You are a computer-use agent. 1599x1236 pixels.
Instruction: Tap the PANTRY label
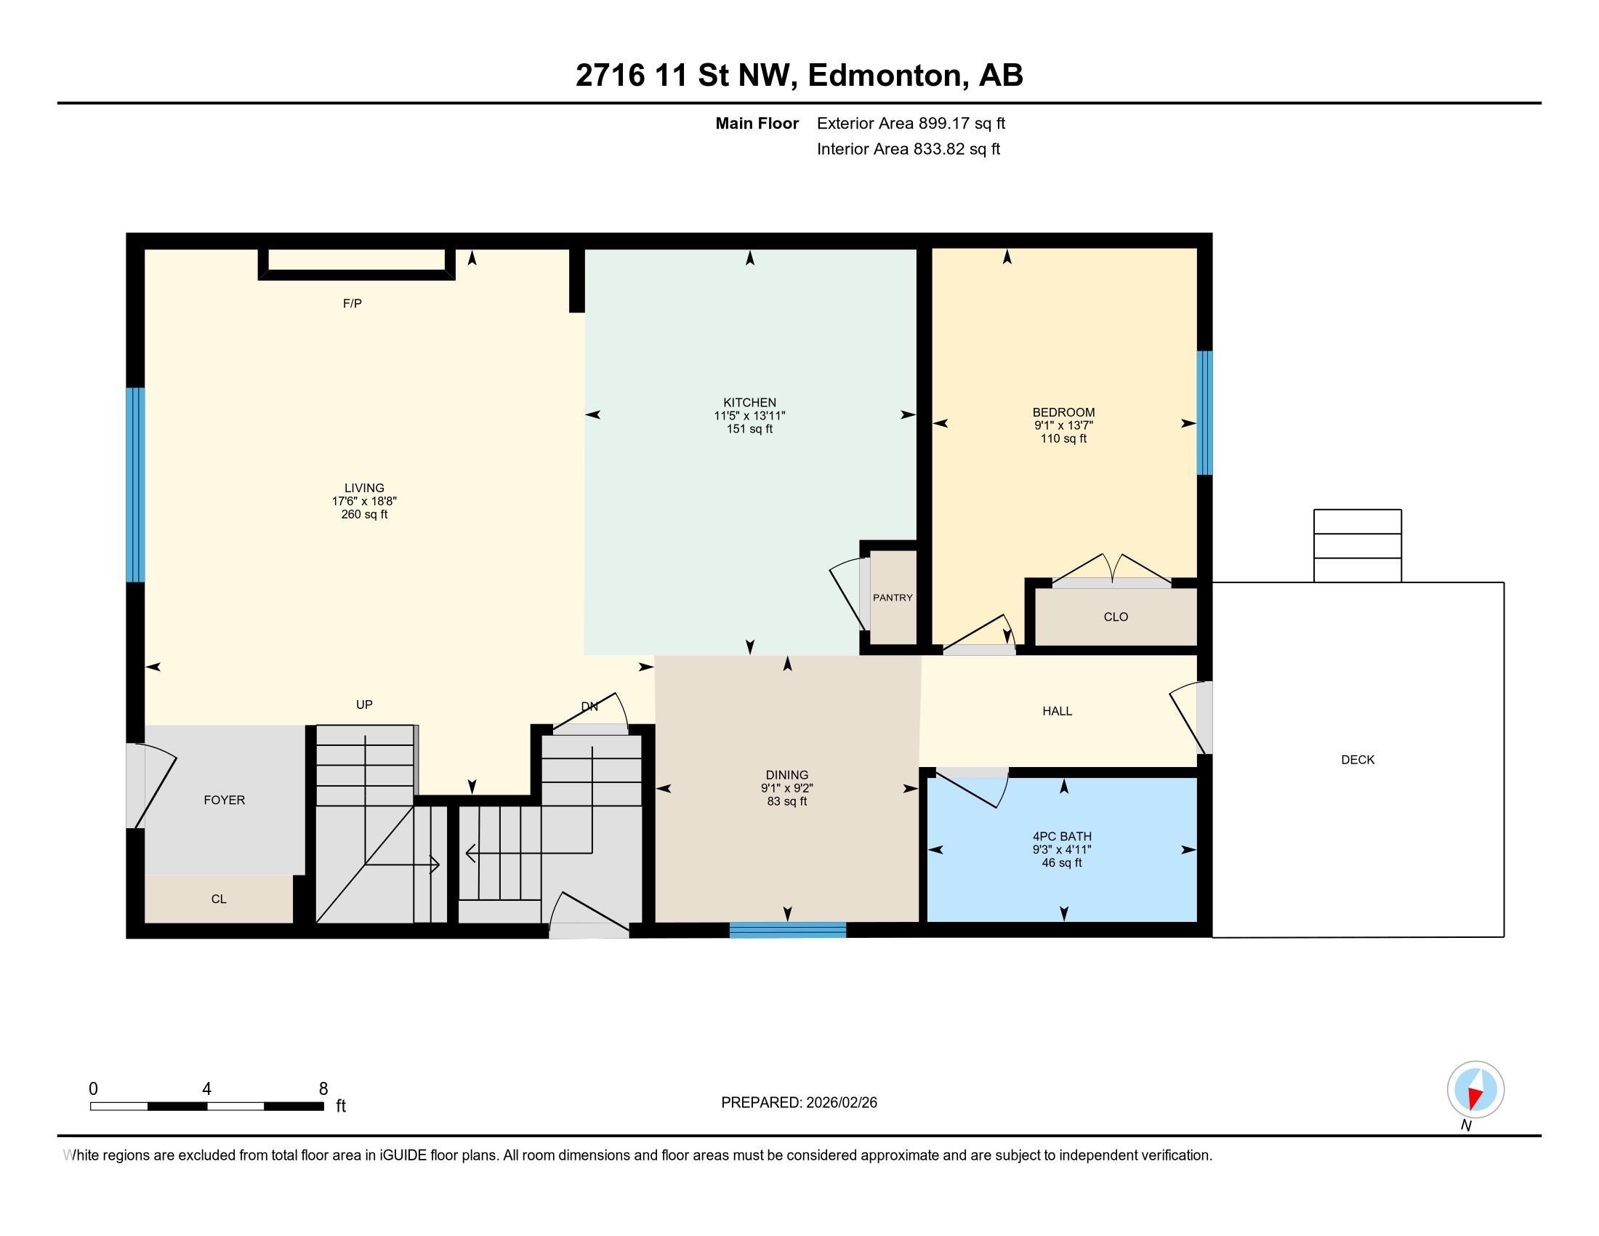pyautogui.click(x=893, y=598)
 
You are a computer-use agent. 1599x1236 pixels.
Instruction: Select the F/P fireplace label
pyautogui.click(x=353, y=303)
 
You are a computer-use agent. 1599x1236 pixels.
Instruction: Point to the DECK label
pyautogui.click(x=1358, y=760)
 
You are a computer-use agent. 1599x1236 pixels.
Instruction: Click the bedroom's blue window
pyautogui.click(x=1204, y=413)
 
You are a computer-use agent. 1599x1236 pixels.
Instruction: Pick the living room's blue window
pyautogui.click(x=134, y=485)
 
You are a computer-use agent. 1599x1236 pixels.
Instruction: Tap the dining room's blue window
pyautogui.click(x=788, y=930)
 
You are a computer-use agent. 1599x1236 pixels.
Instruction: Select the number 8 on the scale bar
pyautogui.click(x=323, y=1089)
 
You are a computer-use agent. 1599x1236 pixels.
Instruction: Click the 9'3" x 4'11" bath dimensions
pyautogui.click(x=1063, y=849)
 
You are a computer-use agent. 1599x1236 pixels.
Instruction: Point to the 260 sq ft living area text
pyautogui.click(x=364, y=514)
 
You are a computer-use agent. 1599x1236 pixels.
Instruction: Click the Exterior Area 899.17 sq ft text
pyautogui.click(x=911, y=123)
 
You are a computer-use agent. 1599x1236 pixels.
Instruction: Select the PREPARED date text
pyautogui.click(x=799, y=1103)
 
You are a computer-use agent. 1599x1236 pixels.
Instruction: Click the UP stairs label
pyautogui.click(x=364, y=705)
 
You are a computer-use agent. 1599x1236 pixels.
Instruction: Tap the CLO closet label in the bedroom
pyautogui.click(x=1116, y=617)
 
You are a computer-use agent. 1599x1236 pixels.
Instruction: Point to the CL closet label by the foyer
pyautogui.click(x=218, y=899)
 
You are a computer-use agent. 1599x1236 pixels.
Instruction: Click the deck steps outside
pyautogui.click(x=1358, y=545)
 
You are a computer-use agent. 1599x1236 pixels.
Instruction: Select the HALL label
pyautogui.click(x=1058, y=710)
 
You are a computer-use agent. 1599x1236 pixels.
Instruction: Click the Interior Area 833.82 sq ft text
pyautogui.click(x=909, y=149)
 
